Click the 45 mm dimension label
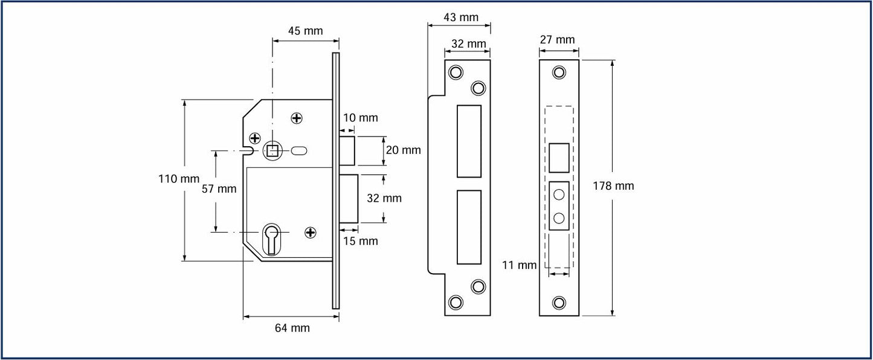[305, 31]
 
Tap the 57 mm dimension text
[219, 189]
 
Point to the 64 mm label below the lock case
[292, 328]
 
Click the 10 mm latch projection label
[360, 118]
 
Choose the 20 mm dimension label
[403, 150]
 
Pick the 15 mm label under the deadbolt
[360, 242]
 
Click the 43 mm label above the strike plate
[461, 18]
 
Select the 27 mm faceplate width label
[556, 40]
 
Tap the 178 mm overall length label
[615, 186]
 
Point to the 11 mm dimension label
[519, 265]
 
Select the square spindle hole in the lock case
[272, 150]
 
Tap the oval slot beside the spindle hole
[300, 150]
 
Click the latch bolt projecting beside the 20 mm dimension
[348, 150]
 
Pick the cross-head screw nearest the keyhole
[311, 232]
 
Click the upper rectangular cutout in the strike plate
[469, 141]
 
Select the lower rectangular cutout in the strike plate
[469, 227]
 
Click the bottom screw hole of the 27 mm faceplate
[559, 302]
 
